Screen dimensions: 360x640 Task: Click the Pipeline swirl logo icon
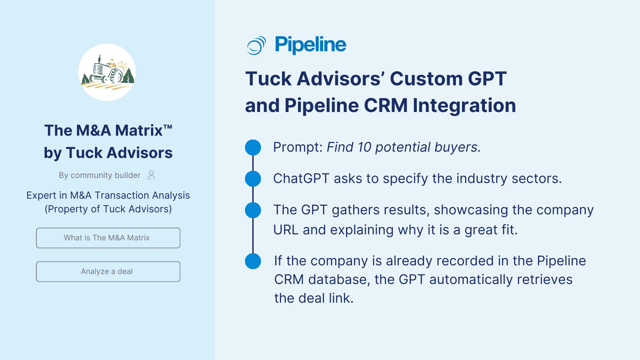256,45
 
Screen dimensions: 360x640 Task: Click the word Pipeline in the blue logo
310,45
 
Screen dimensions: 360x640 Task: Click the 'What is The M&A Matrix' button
108,238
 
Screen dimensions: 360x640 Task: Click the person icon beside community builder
151,175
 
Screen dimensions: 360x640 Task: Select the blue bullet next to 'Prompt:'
253,147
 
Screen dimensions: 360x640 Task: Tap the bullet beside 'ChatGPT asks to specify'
253,179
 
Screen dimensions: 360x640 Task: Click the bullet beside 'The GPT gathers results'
253,210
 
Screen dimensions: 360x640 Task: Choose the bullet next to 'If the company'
253,261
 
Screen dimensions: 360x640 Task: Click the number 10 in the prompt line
364,147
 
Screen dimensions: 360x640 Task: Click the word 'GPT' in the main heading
487,79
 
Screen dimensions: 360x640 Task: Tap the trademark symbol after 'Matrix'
168,127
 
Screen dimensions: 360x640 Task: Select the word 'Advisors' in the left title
139,153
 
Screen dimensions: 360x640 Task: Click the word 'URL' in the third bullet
286,230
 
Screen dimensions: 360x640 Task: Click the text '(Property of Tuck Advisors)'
108,209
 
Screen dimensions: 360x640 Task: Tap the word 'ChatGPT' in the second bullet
301,179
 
